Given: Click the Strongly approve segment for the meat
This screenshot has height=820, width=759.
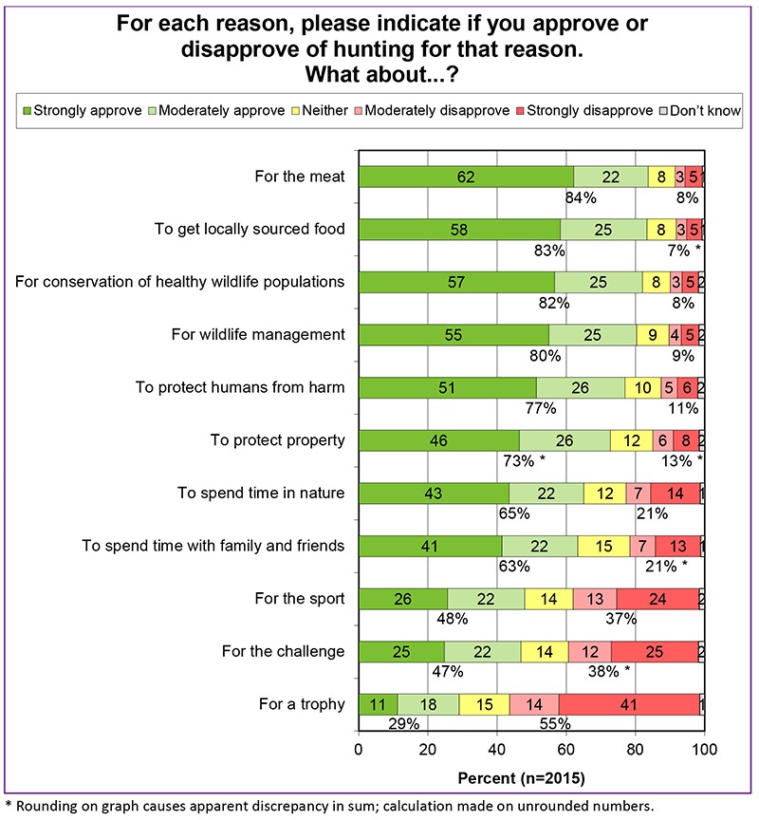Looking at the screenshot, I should [465, 176].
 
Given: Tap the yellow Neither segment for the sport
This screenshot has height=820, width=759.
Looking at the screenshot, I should [548, 599].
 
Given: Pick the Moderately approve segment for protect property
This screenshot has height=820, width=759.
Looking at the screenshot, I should [565, 440].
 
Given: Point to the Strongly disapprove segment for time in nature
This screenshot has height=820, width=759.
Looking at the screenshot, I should [675, 494].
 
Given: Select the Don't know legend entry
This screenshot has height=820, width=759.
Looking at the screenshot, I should [701, 111].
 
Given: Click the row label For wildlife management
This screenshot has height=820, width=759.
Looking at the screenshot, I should [258, 334].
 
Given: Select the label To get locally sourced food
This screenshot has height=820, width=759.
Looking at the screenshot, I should [249, 229].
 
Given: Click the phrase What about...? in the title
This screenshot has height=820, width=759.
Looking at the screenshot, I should [378, 73].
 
